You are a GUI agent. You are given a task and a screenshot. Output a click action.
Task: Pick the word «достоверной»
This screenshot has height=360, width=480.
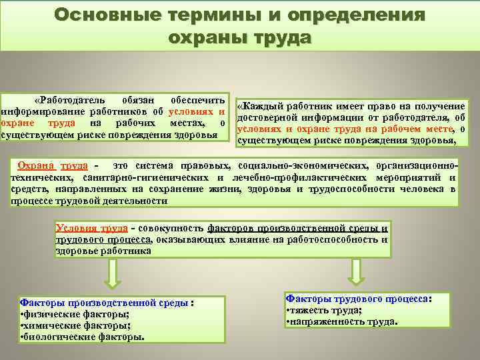(269, 119)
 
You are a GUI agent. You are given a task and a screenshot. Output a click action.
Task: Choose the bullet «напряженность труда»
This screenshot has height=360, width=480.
(341, 322)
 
